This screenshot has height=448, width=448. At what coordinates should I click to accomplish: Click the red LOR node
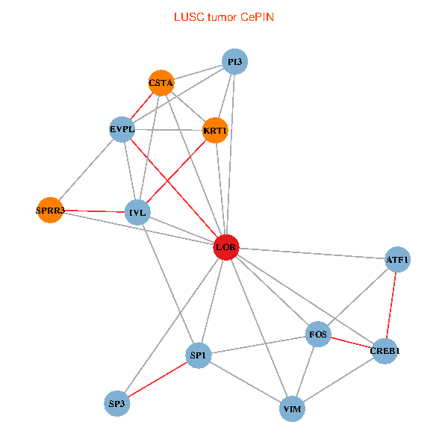coord(226,246)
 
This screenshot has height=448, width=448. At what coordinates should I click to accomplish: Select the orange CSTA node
coord(161,83)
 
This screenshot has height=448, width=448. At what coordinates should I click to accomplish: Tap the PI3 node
coord(234,62)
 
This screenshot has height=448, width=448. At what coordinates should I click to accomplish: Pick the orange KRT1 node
coord(215,131)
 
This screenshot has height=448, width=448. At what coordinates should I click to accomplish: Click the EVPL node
coord(122,129)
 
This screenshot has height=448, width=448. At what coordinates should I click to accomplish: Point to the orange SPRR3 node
coord(50,211)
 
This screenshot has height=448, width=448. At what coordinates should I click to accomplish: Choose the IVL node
coord(138,212)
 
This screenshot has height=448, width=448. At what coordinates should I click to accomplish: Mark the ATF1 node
coord(397,260)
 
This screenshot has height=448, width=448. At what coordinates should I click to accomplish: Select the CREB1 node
coord(384,350)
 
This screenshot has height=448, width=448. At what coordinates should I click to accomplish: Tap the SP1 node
coord(198,355)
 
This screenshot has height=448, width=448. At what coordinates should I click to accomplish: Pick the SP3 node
coord(117,404)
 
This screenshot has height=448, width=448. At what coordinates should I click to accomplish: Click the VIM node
coord(293,408)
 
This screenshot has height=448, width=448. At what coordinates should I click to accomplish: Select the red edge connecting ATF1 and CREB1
coord(391,305)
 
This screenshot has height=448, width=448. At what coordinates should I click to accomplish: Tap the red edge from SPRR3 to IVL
coord(94,211)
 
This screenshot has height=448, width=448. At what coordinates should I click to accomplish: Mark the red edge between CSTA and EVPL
coord(142,106)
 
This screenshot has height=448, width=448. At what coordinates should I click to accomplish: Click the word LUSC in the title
coord(188,17)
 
